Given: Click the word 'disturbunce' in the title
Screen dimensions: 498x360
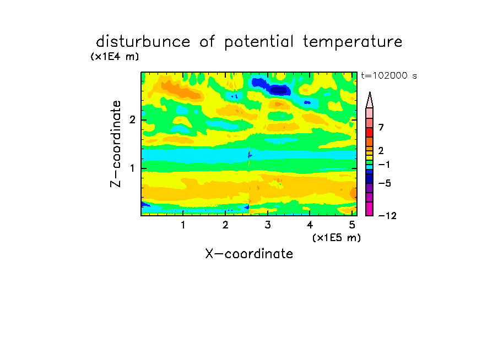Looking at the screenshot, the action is click(x=143, y=41).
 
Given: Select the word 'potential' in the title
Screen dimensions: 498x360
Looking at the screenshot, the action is click(x=258, y=42).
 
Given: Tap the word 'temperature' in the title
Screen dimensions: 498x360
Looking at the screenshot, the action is click(x=353, y=42).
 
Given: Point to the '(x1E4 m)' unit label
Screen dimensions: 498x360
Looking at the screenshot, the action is click(x=115, y=57).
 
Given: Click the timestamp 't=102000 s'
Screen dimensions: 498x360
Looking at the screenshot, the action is click(x=389, y=75).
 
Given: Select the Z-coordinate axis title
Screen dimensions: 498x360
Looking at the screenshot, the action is click(x=115, y=144).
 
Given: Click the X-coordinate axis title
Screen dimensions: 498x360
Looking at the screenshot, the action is click(x=249, y=254).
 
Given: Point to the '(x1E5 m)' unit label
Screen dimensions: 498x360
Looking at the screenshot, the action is click(x=337, y=237).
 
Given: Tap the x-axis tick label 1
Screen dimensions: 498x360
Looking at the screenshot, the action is click(x=183, y=225).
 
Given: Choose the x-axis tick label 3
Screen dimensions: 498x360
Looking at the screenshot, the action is click(x=268, y=225).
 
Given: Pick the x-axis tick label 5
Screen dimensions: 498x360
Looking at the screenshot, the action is click(x=352, y=225).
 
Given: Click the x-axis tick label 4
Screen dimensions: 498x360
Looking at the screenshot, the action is click(x=310, y=225).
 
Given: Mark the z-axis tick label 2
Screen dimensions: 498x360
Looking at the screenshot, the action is click(x=132, y=120).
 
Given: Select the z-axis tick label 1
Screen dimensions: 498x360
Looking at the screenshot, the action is click(x=132, y=168).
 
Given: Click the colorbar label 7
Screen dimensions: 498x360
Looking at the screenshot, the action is click(x=381, y=127).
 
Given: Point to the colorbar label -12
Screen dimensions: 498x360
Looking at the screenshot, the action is click(x=387, y=216).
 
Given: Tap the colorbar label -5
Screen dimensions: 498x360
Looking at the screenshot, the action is click(x=385, y=183).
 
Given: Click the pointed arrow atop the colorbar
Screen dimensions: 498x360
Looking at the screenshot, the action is click(x=370, y=100).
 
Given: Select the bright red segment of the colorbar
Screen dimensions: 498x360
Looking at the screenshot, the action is click(x=370, y=132).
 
